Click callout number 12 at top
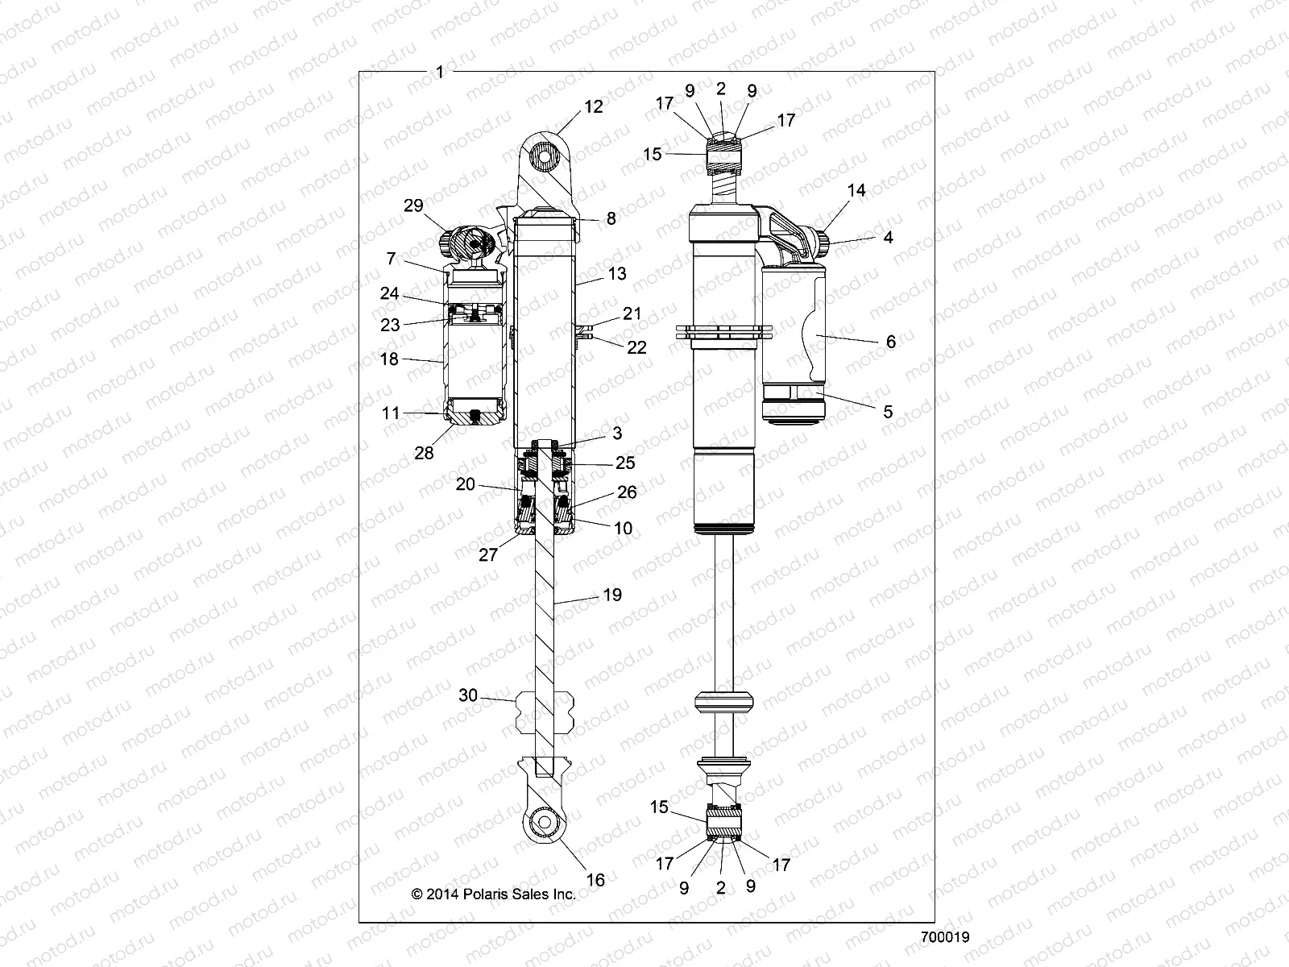click(x=594, y=107)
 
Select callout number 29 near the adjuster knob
click(x=413, y=205)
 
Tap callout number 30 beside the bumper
click(x=468, y=695)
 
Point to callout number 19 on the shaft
click(x=612, y=595)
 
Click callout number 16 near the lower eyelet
click(x=595, y=880)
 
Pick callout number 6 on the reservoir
click(x=890, y=342)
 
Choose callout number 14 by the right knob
click(x=856, y=190)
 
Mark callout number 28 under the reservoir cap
click(x=424, y=453)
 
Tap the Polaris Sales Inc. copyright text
click(x=494, y=894)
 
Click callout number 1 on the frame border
click(x=440, y=72)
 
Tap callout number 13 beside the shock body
click(x=616, y=274)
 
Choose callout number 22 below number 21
click(x=636, y=347)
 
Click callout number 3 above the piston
click(x=617, y=434)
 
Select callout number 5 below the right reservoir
click(x=888, y=412)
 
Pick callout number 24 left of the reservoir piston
click(x=390, y=294)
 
